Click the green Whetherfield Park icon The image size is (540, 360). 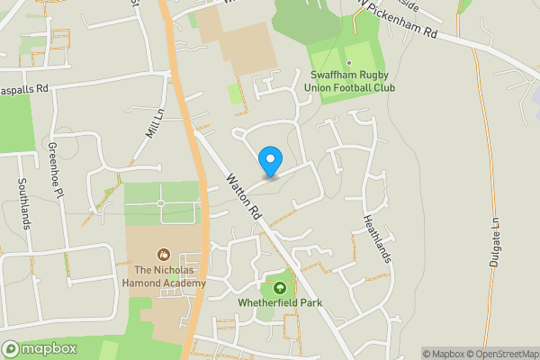[x=280, y=288]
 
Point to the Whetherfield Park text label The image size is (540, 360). [x=280, y=303]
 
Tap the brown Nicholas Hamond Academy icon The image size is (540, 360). [x=164, y=255]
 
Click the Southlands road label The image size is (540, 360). [x=23, y=202]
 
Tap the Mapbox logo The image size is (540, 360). [x=40, y=348]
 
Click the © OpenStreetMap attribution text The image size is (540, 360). [x=501, y=354]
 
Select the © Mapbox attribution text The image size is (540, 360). [x=443, y=354]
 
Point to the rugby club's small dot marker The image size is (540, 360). [x=349, y=63]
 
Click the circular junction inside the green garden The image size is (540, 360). [x=161, y=203]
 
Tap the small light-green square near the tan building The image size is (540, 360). [x=235, y=93]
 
